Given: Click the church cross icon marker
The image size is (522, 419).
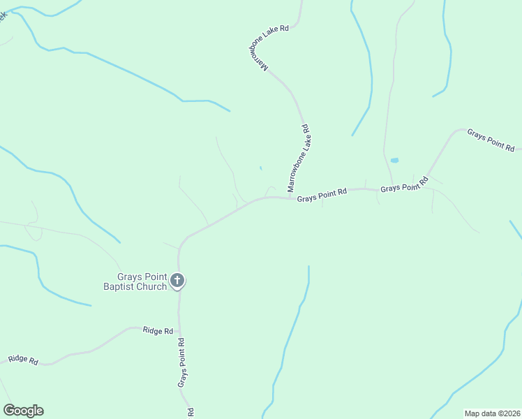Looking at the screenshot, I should pyautogui.click(x=177, y=281).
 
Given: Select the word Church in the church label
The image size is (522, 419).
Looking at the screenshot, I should pyautogui.click(x=151, y=286).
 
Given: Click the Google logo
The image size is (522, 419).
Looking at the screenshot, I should pyautogui.click(x=23, y=411).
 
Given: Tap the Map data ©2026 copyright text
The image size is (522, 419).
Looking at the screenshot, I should pyautogui.click(x=492, y=413).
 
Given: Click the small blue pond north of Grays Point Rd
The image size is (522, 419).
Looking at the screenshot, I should pyautogui.click(x=394, y=160).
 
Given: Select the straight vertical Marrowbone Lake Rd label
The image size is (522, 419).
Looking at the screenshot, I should pyautogui.click(x=298, y=159).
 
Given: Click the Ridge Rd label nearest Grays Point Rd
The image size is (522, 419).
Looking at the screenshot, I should pyautogui.click(x=158, y=330).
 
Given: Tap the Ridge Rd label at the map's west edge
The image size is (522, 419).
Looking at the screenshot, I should pyautogui.click(x=23, y=360).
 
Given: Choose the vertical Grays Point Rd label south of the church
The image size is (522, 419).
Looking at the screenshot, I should pyautogui.click(x=182, y=362).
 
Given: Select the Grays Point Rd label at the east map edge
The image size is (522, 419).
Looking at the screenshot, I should pyautogui.click(x=491, y=140).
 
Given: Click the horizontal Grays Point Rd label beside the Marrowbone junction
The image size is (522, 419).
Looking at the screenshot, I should pyautogui.click(x=322, y=196).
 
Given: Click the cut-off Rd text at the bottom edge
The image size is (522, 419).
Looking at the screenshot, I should pyautogui.click(x=190, y=413).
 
